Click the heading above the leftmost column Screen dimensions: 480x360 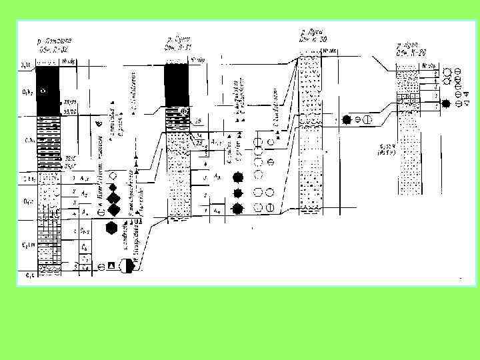tap(51, 45)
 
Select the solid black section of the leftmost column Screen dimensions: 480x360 tap(49, 90)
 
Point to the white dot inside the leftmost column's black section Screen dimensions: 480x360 tap(44, 90)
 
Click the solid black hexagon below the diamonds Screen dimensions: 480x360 tap(112, 229)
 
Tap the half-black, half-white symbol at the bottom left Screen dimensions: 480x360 tap(127, 265)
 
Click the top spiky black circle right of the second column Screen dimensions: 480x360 tap(237, 177)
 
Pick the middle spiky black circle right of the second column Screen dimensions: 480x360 tap(237, 193)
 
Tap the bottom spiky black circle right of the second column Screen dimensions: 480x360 tap(238, 209)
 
